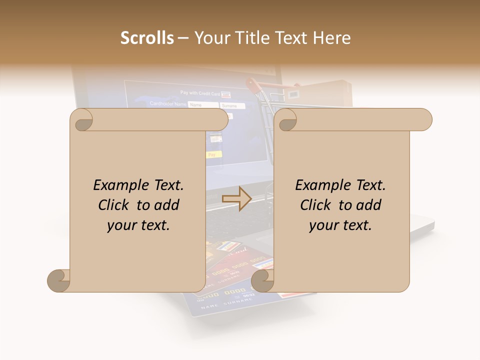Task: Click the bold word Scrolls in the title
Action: coord(147,38)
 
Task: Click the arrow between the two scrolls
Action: coord(236,199)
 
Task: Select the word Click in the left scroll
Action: coord(115,205)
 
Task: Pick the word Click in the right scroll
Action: coord(317,205)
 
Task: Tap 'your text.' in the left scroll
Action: coord(138,225)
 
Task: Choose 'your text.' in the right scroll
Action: coord(340,225)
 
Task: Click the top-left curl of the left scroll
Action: coord(82,120)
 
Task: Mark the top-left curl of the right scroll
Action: coord(286,120)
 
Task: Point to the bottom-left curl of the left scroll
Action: coord(59,280)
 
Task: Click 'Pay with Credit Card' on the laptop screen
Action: coord(200,93)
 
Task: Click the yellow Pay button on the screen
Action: coord(212,155)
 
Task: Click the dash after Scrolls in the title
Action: coord(183,38)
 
